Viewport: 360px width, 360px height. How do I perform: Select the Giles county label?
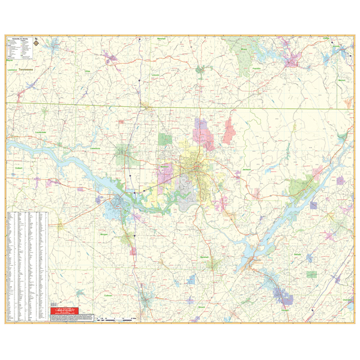coord(87,71)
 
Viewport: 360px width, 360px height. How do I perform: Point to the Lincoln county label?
coord(156,76)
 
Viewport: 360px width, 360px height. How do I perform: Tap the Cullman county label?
coord(108,295)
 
